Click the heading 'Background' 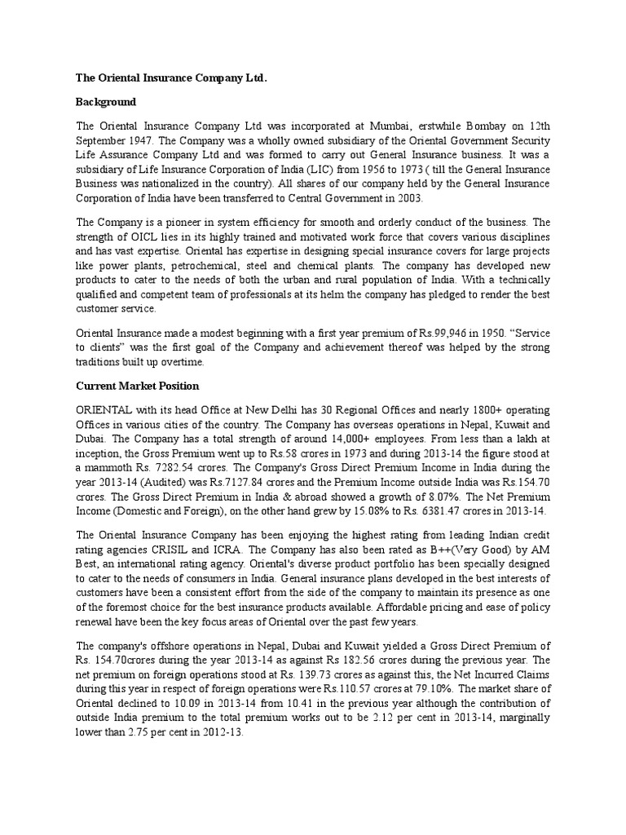[106, 103]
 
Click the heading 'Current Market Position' [138, 385]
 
